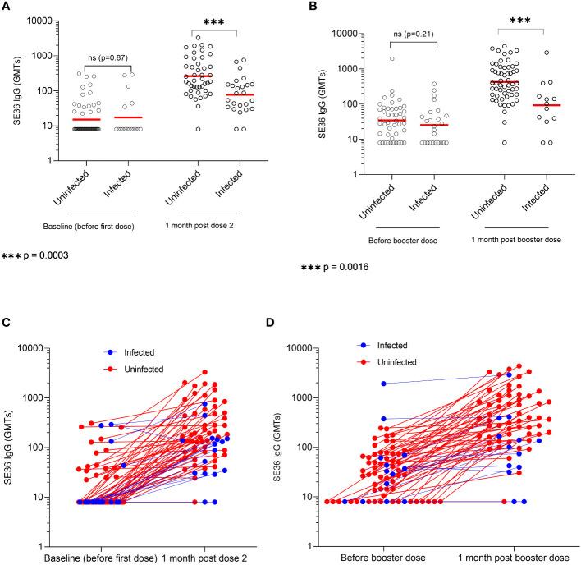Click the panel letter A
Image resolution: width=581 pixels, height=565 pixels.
click(7, 7)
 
